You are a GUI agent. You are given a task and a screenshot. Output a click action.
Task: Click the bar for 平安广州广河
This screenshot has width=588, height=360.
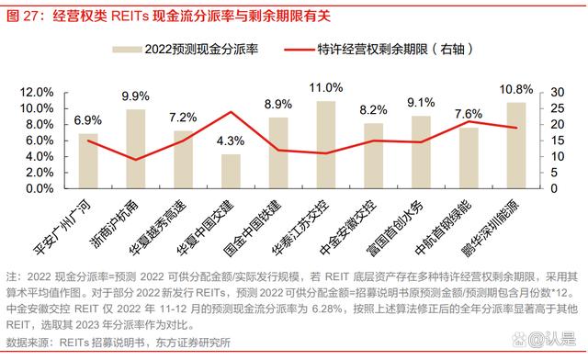(x=88, y=161)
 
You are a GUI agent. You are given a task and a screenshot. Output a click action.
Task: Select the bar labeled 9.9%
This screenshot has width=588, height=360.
(x=136, y=149)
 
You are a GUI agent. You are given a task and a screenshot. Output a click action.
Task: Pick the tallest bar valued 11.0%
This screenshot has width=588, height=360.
(x=326, y=144)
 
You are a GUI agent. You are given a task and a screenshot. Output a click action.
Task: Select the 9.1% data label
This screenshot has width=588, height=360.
(x=422, y=102)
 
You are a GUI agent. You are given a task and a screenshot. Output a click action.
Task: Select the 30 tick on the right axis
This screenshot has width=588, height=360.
(x=548, y=92)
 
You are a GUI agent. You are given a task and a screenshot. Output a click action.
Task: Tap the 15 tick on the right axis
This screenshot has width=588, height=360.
(x=548, y=140)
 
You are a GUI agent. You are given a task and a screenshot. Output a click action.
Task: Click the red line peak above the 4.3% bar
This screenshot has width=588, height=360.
(x=232, y=112)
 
